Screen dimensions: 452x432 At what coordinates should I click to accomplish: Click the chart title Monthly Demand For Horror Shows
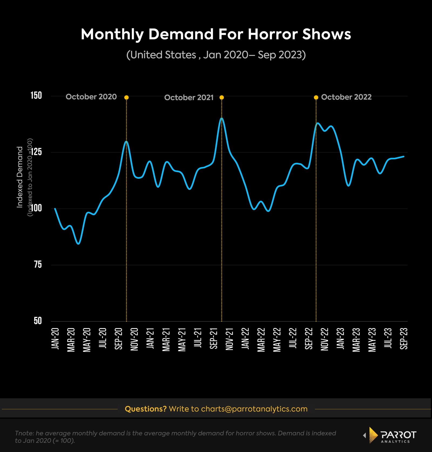(216, 35)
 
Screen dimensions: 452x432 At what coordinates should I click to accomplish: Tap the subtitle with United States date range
(216, 55)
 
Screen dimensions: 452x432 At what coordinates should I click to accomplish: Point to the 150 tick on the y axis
(36, 96)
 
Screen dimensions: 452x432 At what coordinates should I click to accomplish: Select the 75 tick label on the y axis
(38, 265)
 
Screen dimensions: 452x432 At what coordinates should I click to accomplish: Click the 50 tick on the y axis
(38, 321)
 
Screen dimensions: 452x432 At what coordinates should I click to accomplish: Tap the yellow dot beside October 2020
(126, 97)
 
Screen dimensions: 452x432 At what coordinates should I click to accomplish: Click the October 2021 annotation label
(189, 97)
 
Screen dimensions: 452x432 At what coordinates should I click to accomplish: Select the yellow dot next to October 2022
(316, 97)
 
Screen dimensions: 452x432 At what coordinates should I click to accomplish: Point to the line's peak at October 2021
(222, 118)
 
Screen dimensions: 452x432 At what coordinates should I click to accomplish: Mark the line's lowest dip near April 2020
(78, 244)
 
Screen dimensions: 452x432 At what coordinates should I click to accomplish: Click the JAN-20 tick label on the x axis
(55, 339)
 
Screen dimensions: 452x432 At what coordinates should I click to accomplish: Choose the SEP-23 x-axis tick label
(404, 339)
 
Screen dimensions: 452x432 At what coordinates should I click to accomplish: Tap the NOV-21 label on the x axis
(229, 339)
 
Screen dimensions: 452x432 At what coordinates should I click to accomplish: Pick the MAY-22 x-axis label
(277, 340)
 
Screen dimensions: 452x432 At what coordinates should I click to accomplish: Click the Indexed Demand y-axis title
(20, 177)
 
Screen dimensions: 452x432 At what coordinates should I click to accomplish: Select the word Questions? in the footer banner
(146, 409)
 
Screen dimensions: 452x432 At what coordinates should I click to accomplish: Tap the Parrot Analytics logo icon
(373, 435)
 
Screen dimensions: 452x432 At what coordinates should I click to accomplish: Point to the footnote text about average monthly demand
(175, 437)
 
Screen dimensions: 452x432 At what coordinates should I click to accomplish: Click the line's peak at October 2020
(126, 141)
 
